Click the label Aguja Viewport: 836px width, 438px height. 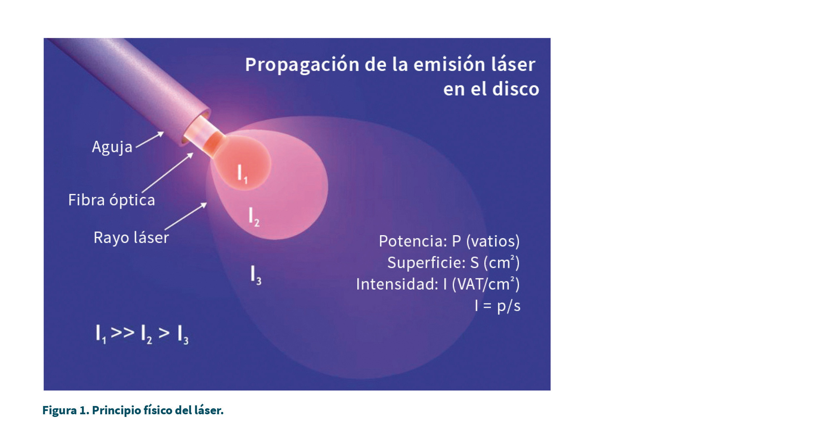pos(112,147)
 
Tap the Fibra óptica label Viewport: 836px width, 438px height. pos(112,200)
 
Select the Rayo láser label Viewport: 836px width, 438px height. pos(131,238)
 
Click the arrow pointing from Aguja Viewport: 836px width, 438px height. pos(150,140)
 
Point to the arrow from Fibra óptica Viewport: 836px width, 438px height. pos(168,172)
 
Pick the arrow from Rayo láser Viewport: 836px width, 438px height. pos(186,216)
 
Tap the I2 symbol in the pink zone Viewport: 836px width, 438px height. pos(254,217)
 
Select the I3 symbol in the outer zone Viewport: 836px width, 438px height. pos(256,275)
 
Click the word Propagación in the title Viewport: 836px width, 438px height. pos(302,65)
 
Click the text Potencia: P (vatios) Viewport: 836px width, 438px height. pos(449,241)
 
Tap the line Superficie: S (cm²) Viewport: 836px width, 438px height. pos(453,263)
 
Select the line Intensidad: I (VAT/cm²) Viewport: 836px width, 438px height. pos(438,284)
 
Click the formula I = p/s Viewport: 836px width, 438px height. pos(498,306)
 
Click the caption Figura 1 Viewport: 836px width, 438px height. pos(66,410)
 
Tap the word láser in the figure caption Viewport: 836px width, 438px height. pos(209,410)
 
